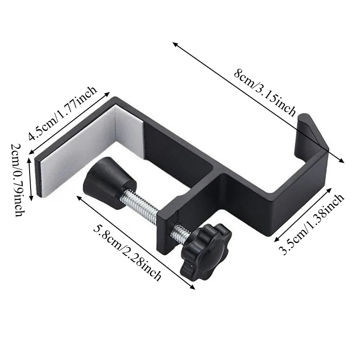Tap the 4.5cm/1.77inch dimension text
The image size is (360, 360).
click(63, 113)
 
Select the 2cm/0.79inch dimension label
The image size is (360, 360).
click(19, 180)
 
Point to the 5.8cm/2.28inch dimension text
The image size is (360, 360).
click(127, 252)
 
